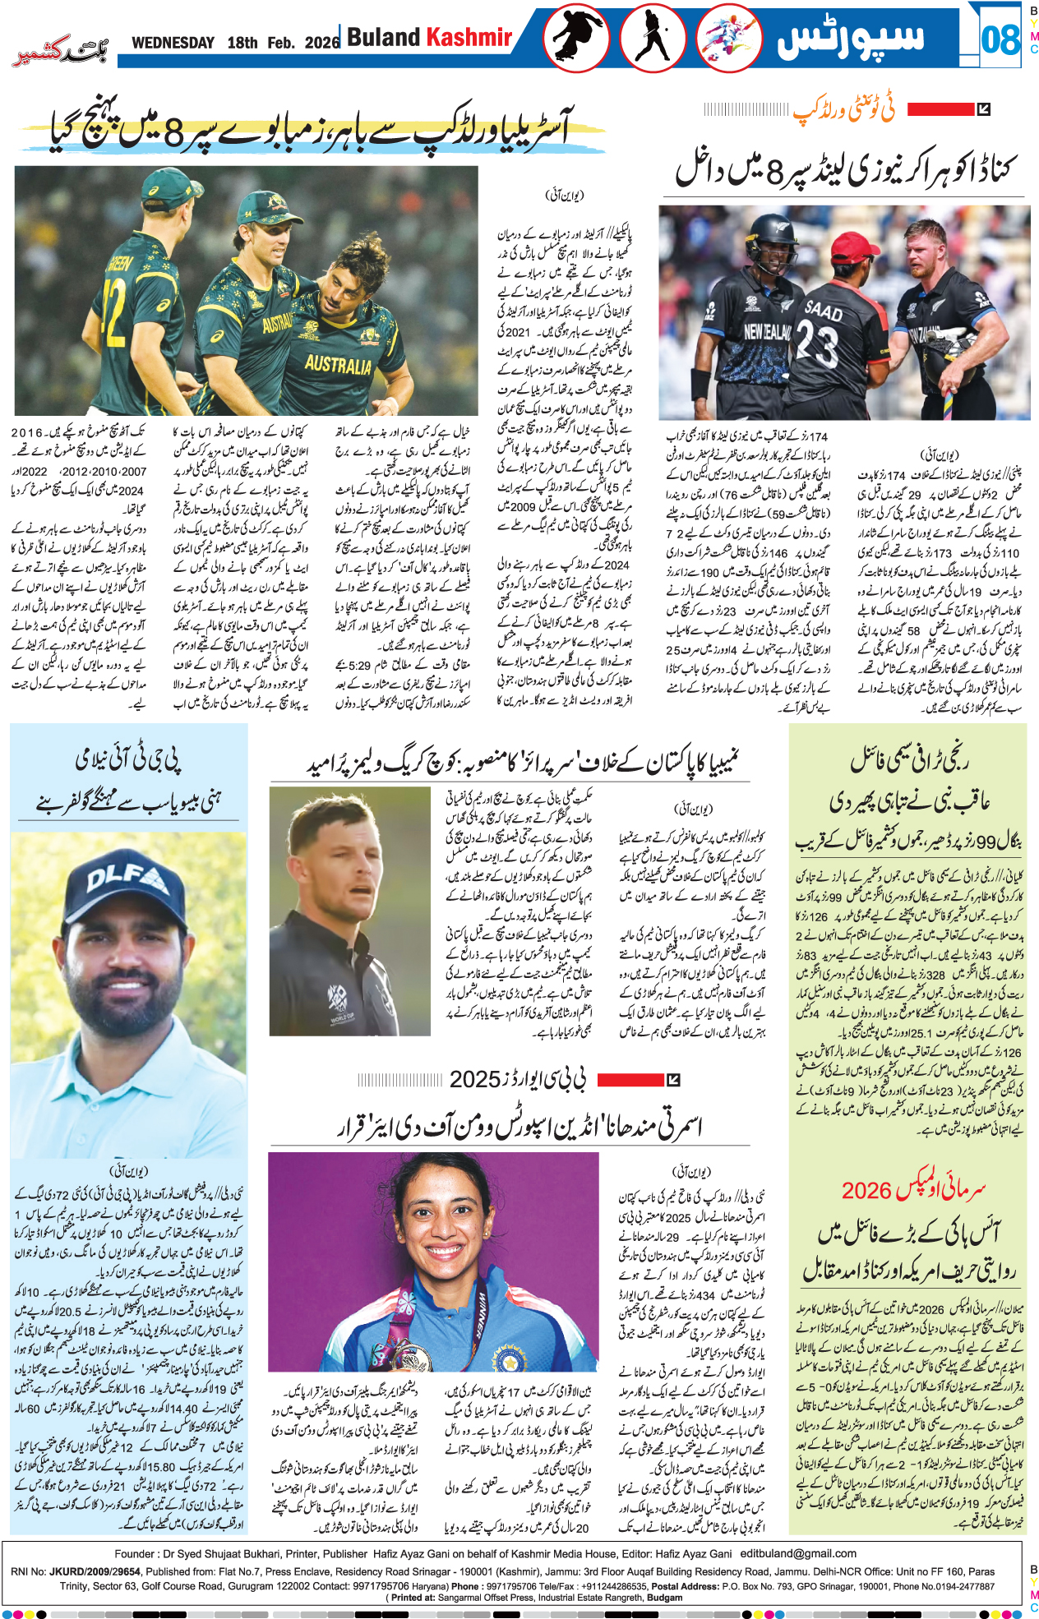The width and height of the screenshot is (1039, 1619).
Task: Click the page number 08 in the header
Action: click(1000, 39)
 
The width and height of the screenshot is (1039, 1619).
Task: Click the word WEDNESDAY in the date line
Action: click(173, 43)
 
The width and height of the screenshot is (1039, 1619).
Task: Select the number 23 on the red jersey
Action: click(817, 344)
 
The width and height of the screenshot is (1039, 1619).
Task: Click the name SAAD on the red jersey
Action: click(823, 312)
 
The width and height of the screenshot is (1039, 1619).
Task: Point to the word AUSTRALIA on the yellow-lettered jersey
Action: click(338, 363)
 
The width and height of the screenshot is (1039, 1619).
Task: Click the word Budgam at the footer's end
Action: click(665, 1598)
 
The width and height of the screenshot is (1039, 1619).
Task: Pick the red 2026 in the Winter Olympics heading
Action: click(866, 1190)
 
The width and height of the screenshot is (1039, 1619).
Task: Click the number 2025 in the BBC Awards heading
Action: click(474, 1079)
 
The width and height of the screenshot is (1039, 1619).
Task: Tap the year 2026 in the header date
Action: click(321, 43)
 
